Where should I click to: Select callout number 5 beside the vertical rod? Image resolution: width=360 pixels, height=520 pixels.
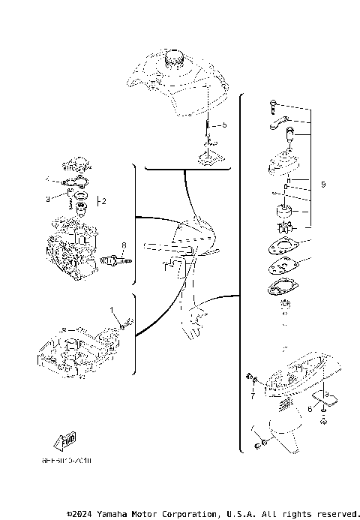pos(223,125)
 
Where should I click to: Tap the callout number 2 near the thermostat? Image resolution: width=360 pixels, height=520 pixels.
pos(104,201)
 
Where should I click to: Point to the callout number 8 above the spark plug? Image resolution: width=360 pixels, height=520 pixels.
pos(124,244)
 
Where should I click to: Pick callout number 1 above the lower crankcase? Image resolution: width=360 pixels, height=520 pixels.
pos(112,310)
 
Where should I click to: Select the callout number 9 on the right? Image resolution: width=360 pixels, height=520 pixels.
pos(322,185)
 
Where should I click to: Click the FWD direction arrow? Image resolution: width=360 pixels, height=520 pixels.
pos(64,442)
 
